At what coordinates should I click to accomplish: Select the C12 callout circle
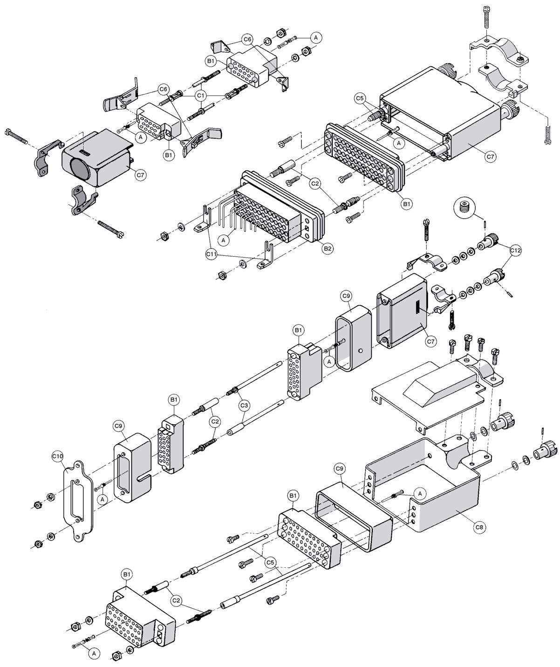(x=515, y=251)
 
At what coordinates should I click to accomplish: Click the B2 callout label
(x=328, y=248)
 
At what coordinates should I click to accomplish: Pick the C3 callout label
(x=245, y=406)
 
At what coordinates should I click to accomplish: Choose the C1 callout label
(x=201, y=95)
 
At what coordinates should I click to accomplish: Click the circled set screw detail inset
(x=464, y=208)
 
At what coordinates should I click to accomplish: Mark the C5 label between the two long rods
(x=270, y=563)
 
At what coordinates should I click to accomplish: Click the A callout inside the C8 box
(x=420, y=493)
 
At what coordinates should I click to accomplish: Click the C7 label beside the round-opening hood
(x=140, y=175)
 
